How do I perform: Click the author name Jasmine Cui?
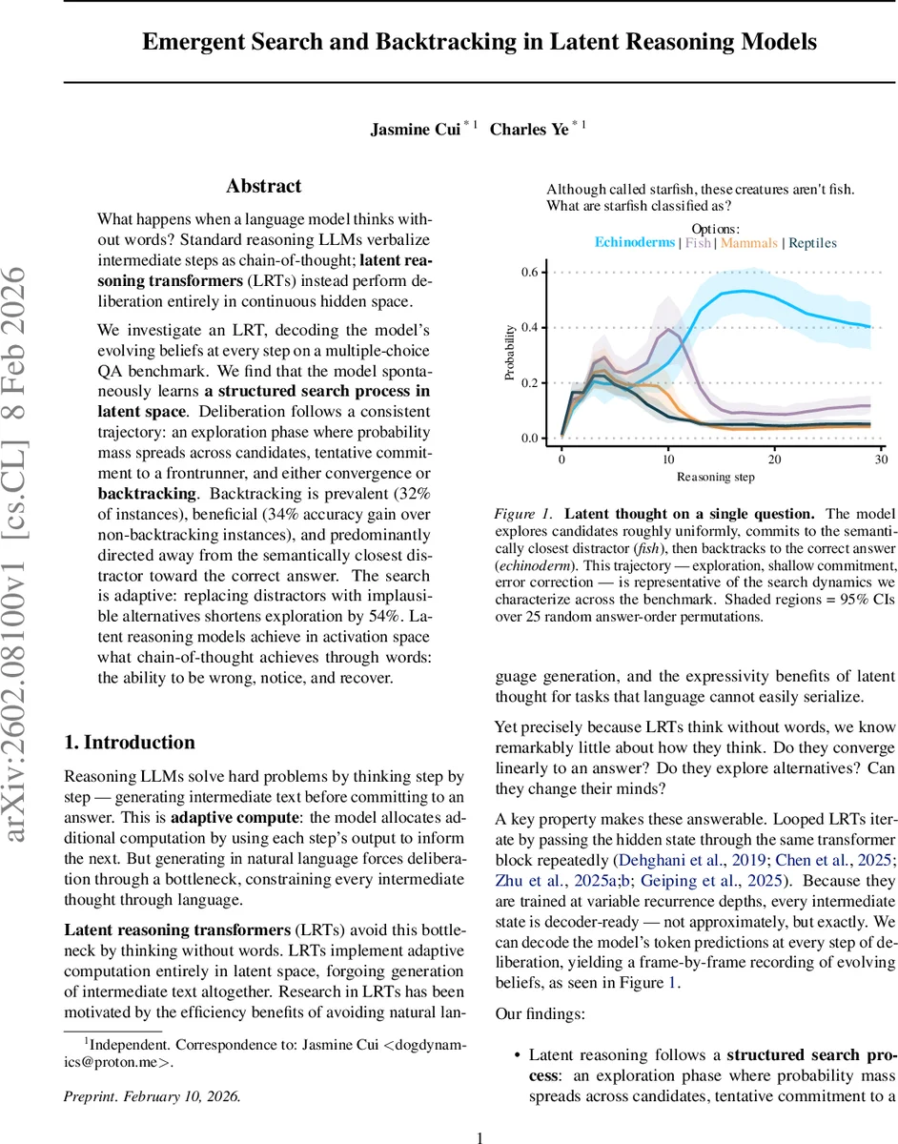[x=415, y=130]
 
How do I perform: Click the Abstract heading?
[x=263, y=186]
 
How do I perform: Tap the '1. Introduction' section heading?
[x=129, y=743]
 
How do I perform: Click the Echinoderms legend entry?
[x=635, y=243]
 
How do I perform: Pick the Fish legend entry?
[x=698, y=243]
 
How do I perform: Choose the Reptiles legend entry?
[x=812, y=243]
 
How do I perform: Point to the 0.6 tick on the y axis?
[x=531, y=273]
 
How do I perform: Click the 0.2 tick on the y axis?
[x=531, y=383]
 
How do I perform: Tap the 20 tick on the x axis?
[x=774, y=460]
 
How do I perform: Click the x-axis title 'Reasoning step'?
[x=715, y=476]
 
